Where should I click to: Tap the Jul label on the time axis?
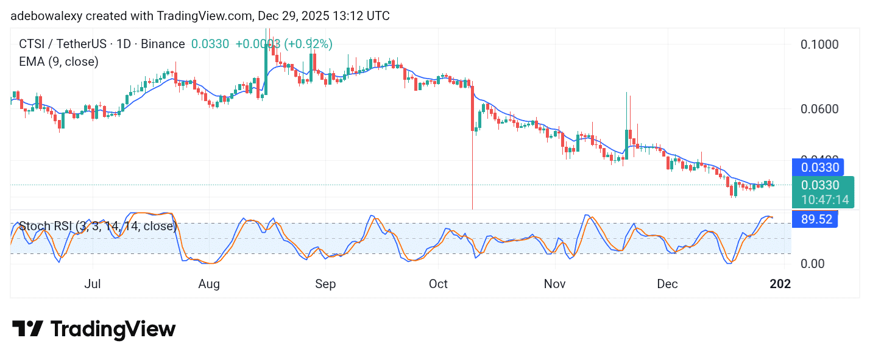click(x=93, y=284)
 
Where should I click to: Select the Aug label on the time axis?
click(x=209, y=284)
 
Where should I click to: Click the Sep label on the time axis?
click(x=325, y=284)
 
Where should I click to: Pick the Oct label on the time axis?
click(x=438, y=284)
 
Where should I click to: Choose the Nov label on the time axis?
click(x=554, y=284)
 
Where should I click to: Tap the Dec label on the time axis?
click(x=668, y=284)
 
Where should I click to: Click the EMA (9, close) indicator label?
click(x=58, y=62)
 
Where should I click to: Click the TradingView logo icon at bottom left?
click(x=27, y=329)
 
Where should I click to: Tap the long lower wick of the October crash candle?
click(x=472, y=177)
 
